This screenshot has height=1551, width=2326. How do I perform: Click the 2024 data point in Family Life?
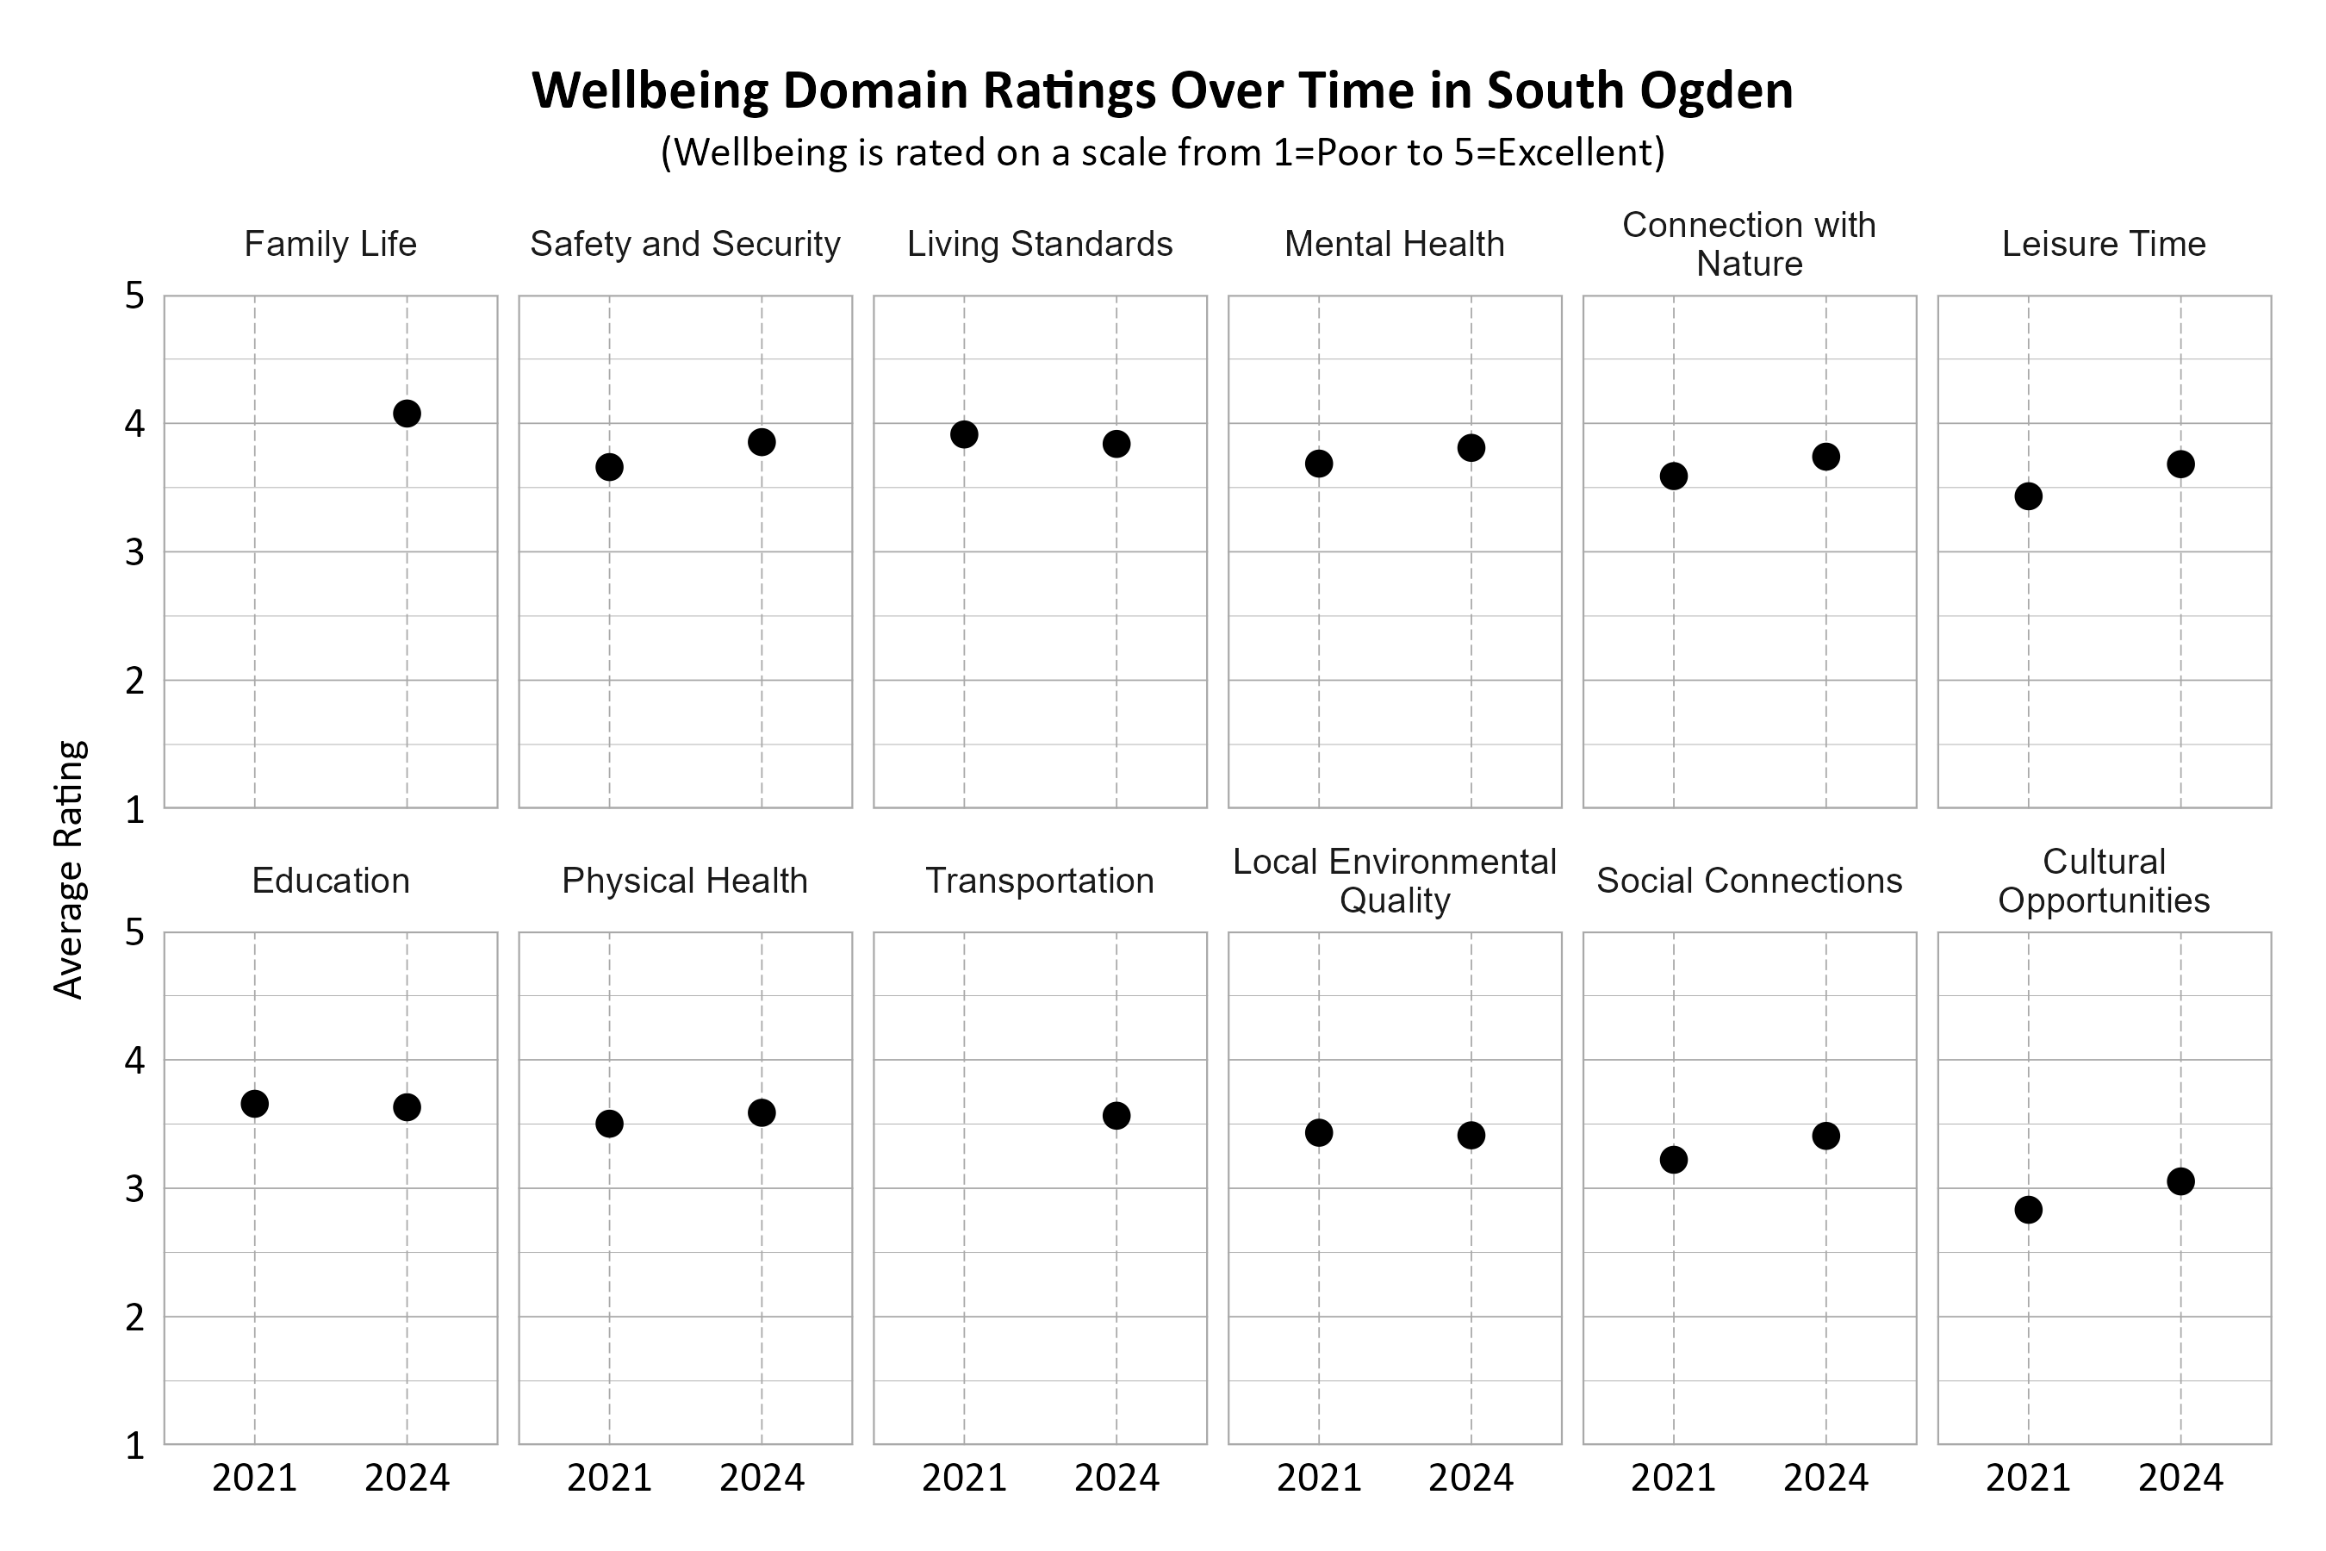407,414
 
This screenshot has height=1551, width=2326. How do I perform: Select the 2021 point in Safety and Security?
609,467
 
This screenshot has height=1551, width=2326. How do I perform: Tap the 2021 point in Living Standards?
964,434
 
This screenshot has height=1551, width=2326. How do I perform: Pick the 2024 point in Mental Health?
1471,448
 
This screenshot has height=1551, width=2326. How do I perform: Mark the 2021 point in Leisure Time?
2028,496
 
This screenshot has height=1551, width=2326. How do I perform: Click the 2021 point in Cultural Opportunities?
2028,1210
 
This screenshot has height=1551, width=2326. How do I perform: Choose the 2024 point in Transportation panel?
1116,1116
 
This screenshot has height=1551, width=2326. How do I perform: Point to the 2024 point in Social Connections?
1825,1136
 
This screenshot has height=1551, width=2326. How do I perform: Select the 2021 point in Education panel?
254,1104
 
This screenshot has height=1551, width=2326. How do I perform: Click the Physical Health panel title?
684,881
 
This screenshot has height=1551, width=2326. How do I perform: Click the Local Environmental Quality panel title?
1395,881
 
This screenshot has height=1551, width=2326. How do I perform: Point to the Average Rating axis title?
69,869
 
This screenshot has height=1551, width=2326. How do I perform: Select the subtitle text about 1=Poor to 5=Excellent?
1162,153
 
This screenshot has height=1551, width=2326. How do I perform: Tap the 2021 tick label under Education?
254,1479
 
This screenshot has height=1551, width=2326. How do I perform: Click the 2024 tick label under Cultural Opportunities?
2180,1479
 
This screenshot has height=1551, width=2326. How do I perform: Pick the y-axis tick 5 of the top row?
134,296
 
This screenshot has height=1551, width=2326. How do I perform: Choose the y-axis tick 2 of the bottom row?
134,1317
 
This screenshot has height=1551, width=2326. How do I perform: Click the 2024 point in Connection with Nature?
1825,457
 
